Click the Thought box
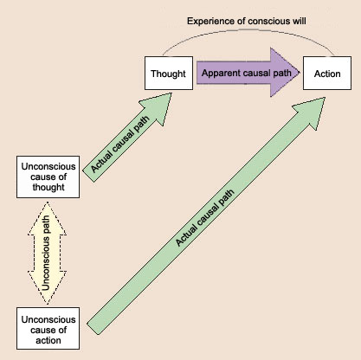click(x=169, y=73)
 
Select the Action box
click(x=327, y=73)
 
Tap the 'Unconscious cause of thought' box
click(x=48, y=177)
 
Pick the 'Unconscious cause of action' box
click(x=48, y=328)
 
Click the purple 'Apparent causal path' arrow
click(x=248, y=73)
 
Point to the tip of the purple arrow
click(x=300, y=73)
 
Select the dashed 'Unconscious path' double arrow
click(x=47, y=253)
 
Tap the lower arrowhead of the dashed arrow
click(x=47, y=287)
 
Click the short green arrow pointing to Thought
click(x=127, y=138)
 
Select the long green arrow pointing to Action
click(x=206, y=216)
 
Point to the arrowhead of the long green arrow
click(x=313, y=111)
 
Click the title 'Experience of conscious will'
click(x=247, y=21)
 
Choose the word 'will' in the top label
click(x=300, y=21)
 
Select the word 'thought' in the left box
click(x=48, y=187)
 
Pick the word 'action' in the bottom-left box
click(x=48, y=340)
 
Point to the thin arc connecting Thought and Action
click(x=248, y=29)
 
